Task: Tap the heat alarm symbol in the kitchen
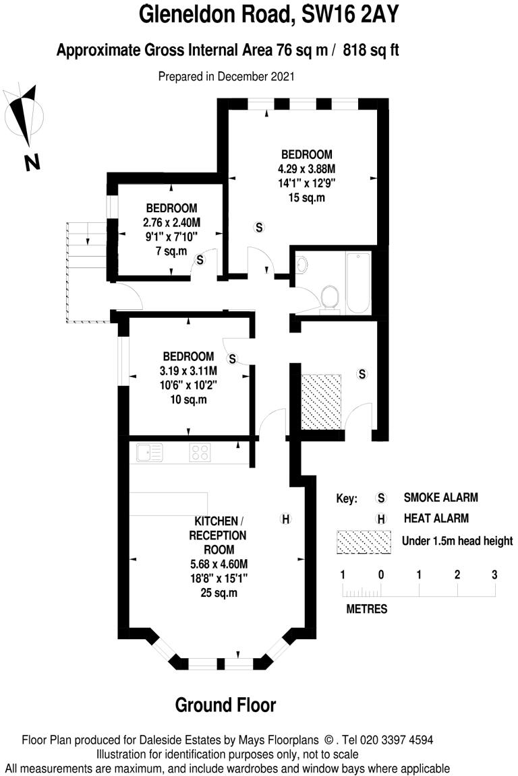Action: coord(285,519)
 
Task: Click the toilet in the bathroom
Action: coord(330,296)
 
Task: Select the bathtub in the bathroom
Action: coord(357,283)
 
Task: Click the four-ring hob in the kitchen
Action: coord(199,452)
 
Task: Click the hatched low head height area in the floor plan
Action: coord(320,402)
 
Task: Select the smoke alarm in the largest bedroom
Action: coord(258,227)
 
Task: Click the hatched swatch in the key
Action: coord(364,540)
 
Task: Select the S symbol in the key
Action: coord(381,498)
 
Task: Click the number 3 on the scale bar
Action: coord(494,575)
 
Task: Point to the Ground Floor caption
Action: coord(225,705)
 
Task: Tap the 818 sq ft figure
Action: coord(372,50)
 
